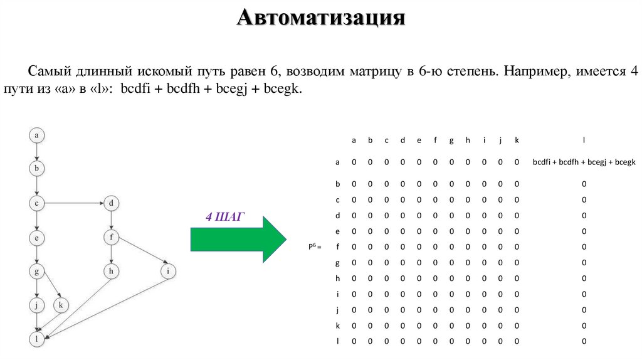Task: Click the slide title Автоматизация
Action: (x=321, y=17)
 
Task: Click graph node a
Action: (x=37, y=135)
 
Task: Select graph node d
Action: (x=111, y=203)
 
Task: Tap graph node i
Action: (x=168, y=271)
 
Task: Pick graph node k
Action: (x=61, y=305)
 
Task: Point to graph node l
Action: (x=37, y=339)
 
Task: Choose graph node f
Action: (x=111, y=237)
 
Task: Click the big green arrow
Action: (x=238, y=239)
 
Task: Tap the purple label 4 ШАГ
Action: (x=225, y=216)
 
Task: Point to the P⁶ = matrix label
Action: (x=313, y=246)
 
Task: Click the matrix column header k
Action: (x=517, y=140)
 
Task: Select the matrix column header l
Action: (x=583, y=140)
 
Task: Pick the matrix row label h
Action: (x=337, y=278)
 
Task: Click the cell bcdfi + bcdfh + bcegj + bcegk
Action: (x=583, y=162)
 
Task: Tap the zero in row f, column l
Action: (x=583, y=246)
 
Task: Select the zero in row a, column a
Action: (x=354, y=162)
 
